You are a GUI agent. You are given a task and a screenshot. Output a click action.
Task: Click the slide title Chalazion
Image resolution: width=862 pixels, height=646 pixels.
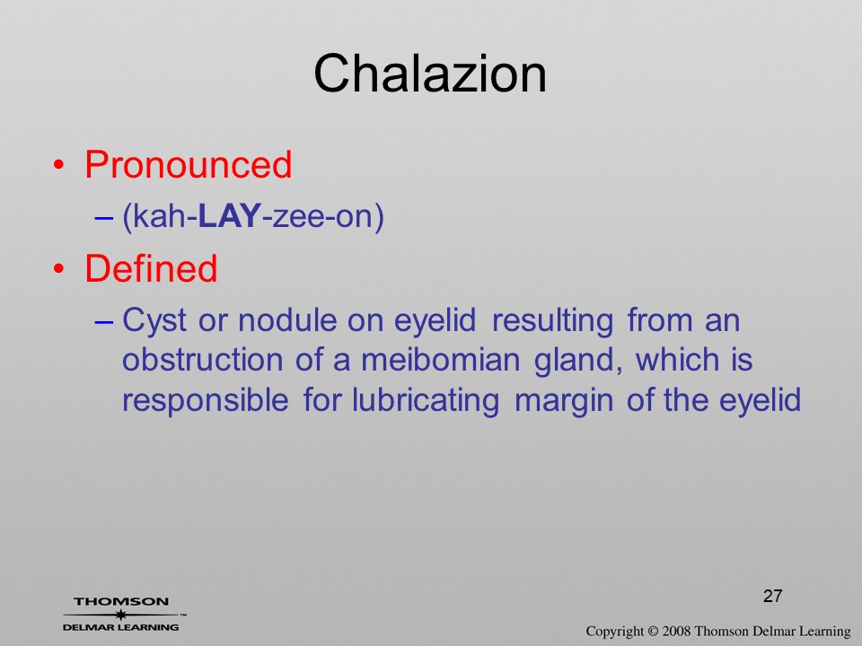click(430, 74)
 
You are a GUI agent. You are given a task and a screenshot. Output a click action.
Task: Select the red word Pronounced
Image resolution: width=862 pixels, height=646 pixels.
click(188, 164)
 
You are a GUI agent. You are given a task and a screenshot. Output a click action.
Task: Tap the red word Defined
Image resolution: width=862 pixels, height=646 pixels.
click(151, 268)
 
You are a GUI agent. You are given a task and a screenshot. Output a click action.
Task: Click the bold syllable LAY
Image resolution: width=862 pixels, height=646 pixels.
click(229, 216)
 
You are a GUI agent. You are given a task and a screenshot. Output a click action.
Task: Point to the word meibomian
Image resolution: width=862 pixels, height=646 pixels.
click(440, 360)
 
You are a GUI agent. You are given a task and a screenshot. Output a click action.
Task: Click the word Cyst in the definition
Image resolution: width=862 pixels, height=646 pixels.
click(154, 321)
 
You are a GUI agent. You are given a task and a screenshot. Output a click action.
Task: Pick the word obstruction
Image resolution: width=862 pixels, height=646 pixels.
click(202, 360)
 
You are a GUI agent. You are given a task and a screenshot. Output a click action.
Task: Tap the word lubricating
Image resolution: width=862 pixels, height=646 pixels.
click(426, 401)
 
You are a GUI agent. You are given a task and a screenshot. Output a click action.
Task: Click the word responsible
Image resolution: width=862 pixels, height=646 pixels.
click(205, 401)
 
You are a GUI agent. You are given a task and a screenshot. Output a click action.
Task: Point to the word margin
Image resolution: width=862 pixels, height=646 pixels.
click(564, 401)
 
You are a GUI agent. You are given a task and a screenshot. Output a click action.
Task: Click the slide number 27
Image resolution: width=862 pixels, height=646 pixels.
click(772, 596)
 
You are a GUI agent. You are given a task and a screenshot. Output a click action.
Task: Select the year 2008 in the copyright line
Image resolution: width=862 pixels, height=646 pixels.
click(676, 631)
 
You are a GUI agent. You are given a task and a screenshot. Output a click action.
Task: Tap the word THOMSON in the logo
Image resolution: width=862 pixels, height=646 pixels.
click(121, 601)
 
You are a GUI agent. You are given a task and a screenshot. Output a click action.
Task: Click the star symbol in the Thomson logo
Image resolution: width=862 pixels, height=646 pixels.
click(121, 615)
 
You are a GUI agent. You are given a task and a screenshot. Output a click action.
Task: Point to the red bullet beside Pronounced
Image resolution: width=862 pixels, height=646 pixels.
click(59, 165)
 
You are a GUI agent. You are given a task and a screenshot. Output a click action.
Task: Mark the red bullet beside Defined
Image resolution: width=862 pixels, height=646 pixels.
click(59, 268)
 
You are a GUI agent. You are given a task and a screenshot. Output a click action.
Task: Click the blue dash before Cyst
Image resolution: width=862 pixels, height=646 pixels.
click(104, 321)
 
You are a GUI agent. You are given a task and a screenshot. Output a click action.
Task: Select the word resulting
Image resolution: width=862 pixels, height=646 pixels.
click(552, 321)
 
